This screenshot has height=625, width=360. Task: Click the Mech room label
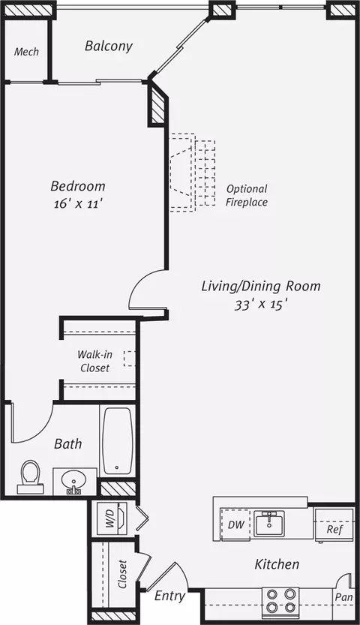coord(26,52)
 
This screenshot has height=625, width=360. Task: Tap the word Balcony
coord(108,46)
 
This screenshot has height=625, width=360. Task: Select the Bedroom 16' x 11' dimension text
coord(79,205)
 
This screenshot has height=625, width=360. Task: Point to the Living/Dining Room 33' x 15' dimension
coord(261,305)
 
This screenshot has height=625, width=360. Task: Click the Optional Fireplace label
coord(247,195)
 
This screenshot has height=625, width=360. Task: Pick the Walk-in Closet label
coord(94,361)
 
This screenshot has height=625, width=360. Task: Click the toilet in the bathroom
coord(30,477)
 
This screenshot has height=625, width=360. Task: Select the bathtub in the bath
coord(118,440)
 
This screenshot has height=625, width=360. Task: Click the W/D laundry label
coord(110,518)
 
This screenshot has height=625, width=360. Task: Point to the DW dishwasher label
coord(235,524)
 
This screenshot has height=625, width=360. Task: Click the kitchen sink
coord(269,524)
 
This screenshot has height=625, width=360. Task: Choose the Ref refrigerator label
coord(334,529)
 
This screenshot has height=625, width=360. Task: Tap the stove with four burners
coord(280,600)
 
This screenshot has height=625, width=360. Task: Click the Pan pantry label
coord(344,597)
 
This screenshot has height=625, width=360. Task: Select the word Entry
coord(169,596)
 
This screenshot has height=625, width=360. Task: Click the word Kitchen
coord(277,564)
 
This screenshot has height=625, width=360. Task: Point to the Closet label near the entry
coord(122,574)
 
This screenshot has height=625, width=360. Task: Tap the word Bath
coord(68,443)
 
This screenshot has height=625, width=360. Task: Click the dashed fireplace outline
coord(193,173)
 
